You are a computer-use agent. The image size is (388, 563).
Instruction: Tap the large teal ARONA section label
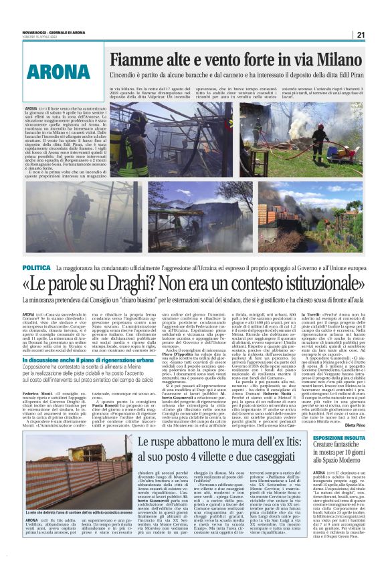click(x=58, y=70)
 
